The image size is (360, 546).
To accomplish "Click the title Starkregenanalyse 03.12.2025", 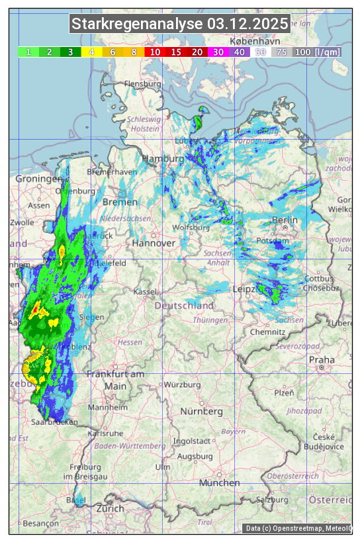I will (180, 24).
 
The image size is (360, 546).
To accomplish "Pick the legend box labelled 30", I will (218, 52).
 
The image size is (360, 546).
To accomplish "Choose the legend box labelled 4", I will (92, 52).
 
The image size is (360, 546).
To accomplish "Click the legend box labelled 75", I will (281, 52).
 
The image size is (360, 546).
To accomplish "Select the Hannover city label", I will (153, 243).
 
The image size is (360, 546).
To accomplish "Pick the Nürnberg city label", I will (202, 412).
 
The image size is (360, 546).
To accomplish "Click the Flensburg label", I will (143, 84).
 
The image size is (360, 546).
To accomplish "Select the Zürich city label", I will (110, 508).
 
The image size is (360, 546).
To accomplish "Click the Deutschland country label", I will (184, 306).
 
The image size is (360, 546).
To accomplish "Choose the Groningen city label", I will (38, 179).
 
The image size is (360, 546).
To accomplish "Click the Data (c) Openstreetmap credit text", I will (298, 528).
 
